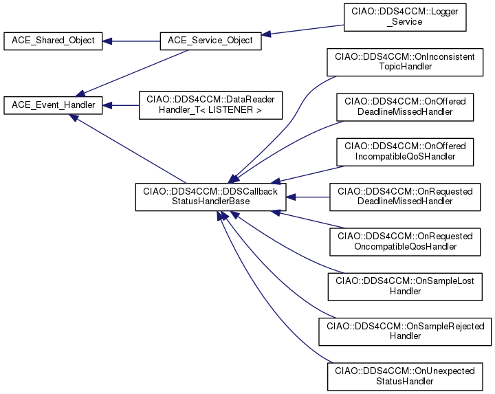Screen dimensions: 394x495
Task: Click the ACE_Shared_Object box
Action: [x=54, y=40]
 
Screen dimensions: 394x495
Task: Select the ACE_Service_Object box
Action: [x=210, y=40]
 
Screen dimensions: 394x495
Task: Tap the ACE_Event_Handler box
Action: [x=54, y=105]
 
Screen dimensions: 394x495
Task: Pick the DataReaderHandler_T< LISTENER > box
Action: [x=210, y=105]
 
